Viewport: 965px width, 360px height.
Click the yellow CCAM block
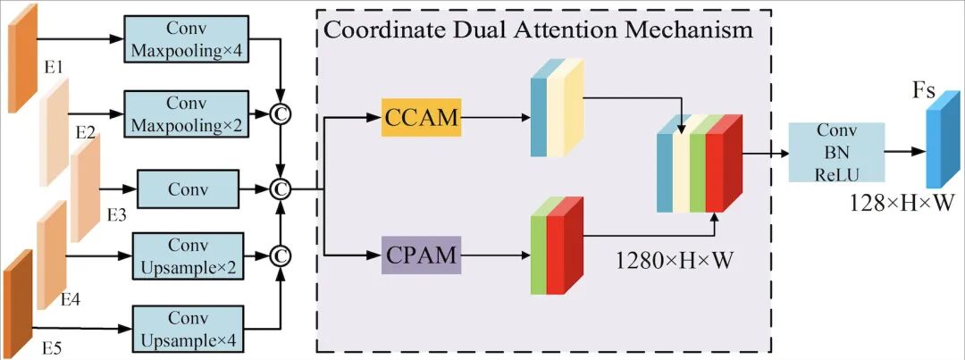click(x=422, y=117)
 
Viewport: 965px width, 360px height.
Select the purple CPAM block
click(x=422, y=255)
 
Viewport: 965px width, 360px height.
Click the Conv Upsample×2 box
click(x=188, y=255)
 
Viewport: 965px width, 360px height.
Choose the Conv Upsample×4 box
click(x=188, y=328)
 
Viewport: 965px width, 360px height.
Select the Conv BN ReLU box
click(x=836, y=153)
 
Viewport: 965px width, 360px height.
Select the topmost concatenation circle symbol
click(x=282, y=113)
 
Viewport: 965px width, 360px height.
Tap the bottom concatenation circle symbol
click(x=282, y=256)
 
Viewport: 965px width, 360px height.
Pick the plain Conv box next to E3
click(x=188, y=189)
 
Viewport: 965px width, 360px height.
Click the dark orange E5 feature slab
click(x=18, y=293)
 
